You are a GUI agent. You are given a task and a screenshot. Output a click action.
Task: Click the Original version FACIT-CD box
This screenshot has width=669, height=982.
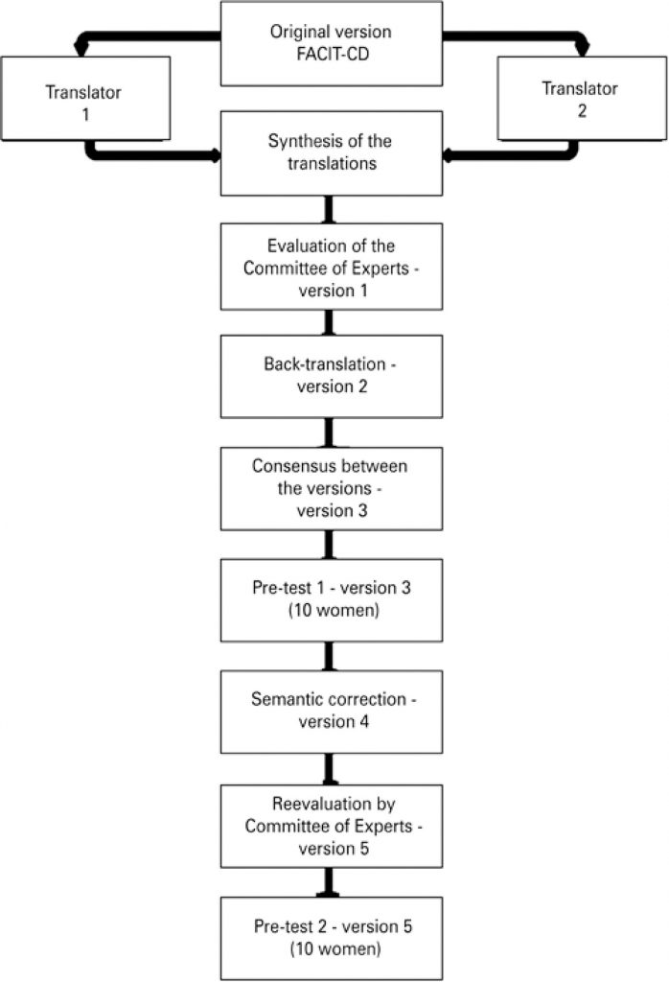pos(332,43)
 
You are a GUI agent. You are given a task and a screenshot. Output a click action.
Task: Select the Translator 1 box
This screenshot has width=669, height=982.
pos(85,99)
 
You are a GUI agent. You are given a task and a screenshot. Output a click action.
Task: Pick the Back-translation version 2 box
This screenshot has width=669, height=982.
pos(332,376)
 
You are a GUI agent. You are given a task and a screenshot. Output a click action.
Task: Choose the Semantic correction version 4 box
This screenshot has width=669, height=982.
pos(332,712)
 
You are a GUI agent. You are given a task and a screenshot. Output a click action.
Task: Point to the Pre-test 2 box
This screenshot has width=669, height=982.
pos(332,937)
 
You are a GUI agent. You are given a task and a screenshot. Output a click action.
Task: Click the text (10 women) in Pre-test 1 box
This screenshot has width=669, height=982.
pos(332,609)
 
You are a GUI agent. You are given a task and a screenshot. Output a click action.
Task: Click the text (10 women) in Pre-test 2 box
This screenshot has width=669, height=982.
pos(332,947)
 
